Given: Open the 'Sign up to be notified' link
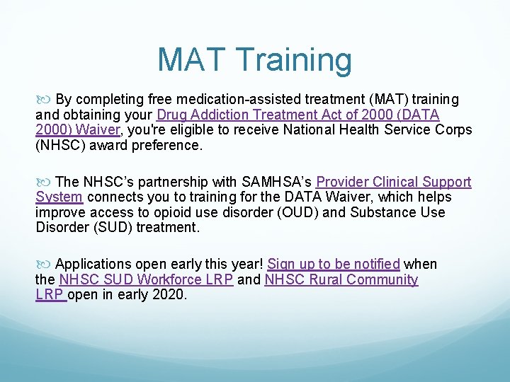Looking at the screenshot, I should (x=334, y=264).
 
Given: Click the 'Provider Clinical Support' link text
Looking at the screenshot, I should (x=393, y=182).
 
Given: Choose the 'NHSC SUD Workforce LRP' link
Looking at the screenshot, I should (x=146, y=279).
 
